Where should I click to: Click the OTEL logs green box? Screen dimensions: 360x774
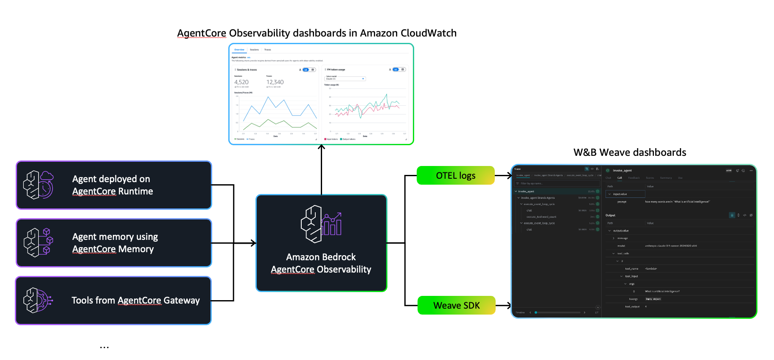coord(455,175)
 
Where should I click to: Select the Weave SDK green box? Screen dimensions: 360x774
coord(456,305)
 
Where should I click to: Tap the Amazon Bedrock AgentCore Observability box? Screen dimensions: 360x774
coord(321,243)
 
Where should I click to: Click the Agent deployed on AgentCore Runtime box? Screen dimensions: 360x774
coord(114,185)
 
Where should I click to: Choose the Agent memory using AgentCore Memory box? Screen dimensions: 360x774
coord(114,243)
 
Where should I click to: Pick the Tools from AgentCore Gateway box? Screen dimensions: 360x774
coord(114,301)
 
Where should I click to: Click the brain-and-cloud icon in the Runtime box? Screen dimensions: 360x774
coord(38,185)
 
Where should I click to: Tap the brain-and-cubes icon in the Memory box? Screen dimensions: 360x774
coord(38,243)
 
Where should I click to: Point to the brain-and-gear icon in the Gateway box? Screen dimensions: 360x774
coord(38,301)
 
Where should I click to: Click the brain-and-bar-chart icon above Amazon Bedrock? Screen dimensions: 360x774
coord(321,224)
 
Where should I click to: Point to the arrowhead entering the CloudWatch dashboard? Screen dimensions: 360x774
coord(322,147)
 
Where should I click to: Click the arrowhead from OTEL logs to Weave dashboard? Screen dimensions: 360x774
coord(509,175)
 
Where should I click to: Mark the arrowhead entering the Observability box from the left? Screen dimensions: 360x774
coord(253,243)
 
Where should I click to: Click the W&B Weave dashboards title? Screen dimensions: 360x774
coord(630,152)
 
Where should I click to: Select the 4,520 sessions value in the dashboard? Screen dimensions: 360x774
coord(241,82)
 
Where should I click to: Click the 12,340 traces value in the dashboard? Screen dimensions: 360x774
coord(275,82)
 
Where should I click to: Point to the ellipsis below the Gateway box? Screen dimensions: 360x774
coord(104,347)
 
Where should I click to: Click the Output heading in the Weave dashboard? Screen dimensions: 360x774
coord(610,215)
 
